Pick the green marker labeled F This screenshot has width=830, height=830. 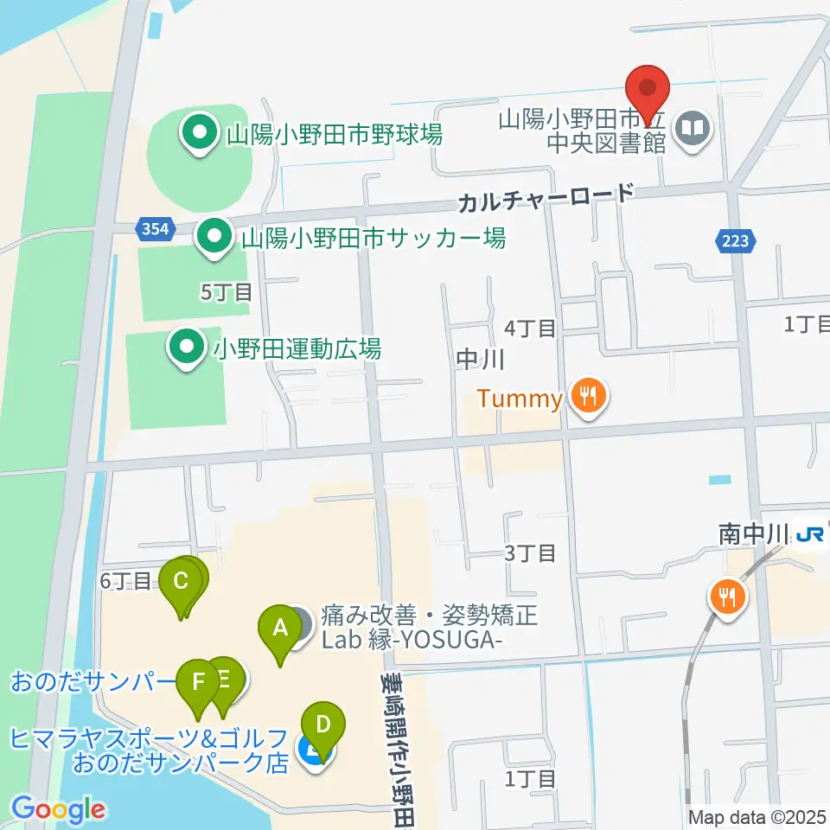tap(199, 683)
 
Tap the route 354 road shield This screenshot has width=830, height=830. tap(156, 229)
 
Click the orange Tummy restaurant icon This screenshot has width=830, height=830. tap(590, 398)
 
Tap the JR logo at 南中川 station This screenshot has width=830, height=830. tap(809, 536)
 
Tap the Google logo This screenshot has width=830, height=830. tap(59, 809)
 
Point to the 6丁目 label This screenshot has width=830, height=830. tap(124, 581)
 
